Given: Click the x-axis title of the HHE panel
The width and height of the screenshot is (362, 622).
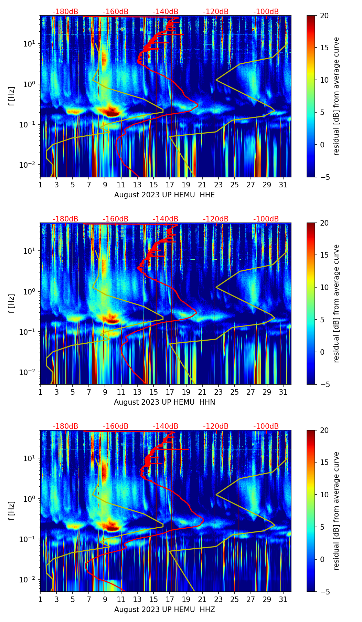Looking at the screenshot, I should (x=164, y=195).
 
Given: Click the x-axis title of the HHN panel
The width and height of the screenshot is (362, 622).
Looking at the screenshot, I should (x=164, y=402).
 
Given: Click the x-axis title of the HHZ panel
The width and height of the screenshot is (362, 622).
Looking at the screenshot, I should (x=164, y=610).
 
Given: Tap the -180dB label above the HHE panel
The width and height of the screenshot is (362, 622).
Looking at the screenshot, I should (x=65, y=12).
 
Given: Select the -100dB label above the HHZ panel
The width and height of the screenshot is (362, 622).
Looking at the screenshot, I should (x=266, y=426).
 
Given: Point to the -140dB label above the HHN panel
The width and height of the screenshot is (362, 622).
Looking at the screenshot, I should (x=166, y=219).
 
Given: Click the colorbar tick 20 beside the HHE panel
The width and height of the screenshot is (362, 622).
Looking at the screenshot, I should (x=324, y=15).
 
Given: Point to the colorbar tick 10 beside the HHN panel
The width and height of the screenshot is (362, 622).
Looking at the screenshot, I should (x=324, y=287).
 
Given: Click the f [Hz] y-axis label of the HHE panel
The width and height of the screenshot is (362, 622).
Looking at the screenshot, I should (x=12, y=96).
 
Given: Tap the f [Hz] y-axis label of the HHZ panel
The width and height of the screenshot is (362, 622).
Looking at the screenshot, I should (x=12, y=511).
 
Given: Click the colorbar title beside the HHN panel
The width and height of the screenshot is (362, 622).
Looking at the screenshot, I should (x=337, y=303).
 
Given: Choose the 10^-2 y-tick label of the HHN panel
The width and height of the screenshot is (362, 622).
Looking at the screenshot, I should (x=29, y=372).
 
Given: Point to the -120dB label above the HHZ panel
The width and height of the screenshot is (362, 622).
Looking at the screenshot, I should (x=216, y=426).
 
